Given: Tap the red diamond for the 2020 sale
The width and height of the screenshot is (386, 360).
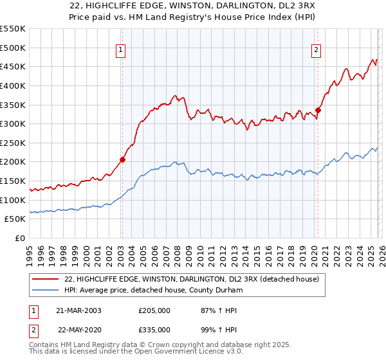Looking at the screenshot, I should pyautogui.click(x=318, y=110).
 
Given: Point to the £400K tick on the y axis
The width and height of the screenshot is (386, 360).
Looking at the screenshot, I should pyautogui.click(x=13, y=85).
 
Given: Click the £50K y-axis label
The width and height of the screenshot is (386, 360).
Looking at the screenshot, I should pyautogui.click(x=15, y=219).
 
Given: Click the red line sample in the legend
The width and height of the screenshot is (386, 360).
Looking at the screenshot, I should pyautogui.click(x=46, y=280).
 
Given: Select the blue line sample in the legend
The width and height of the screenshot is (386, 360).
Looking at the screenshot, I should pyautogui.click(x=46, y=291).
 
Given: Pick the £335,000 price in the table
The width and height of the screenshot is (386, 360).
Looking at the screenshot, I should pyautogui.click(x=154, y=329).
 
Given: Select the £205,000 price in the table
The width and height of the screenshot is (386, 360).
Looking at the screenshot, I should pyautogui.click(x=154, y=310).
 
